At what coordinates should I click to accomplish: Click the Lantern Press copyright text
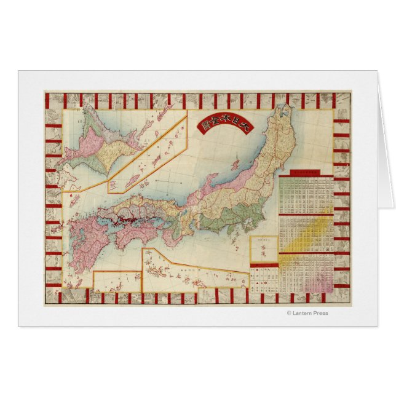point(307,313)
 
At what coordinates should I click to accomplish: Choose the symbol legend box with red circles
point(264,277)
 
